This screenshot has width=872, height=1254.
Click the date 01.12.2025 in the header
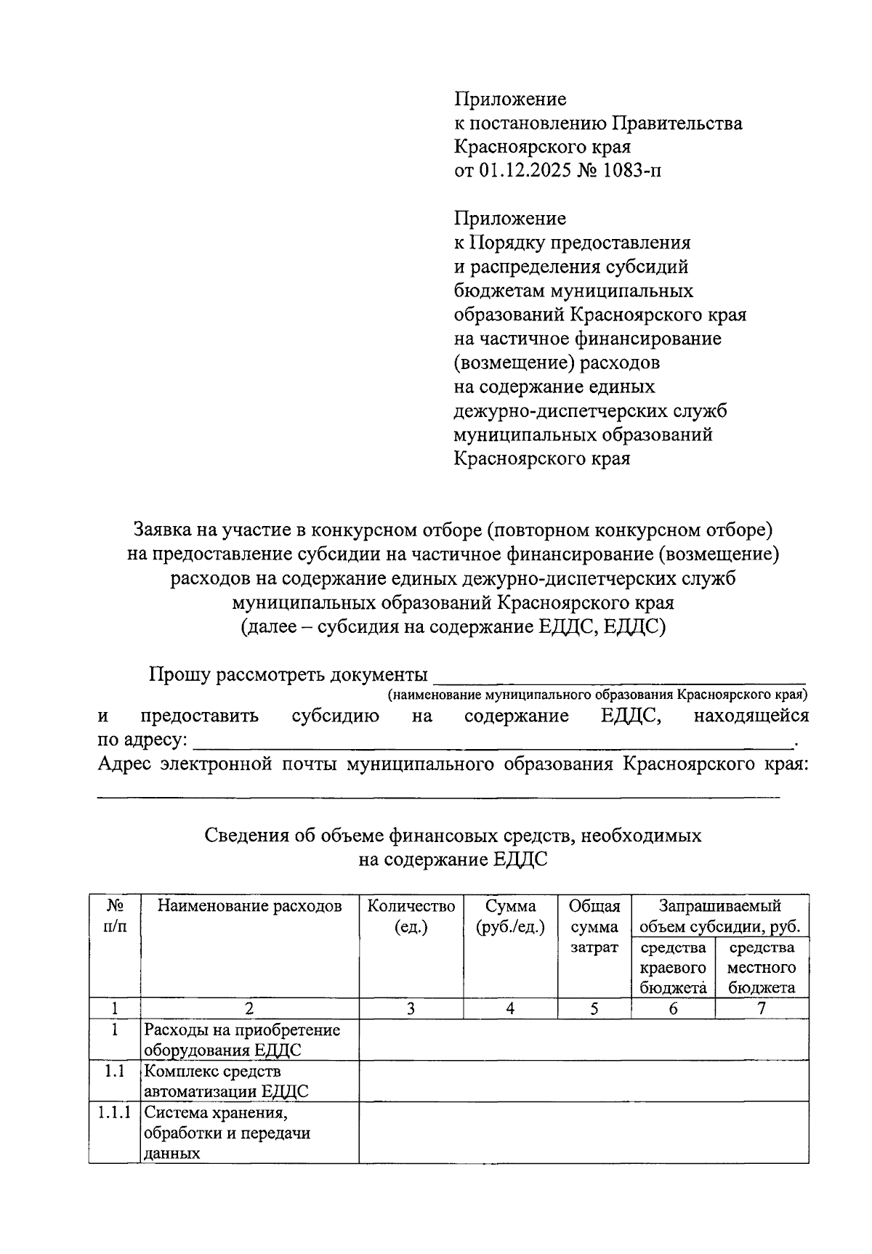click(522, 171)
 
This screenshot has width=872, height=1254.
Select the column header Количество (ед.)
click(411, 916)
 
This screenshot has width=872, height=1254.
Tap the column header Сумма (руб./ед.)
click(510, 916)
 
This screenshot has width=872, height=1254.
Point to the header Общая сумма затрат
click(594, 926)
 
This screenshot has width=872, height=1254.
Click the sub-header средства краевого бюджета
click(673, 967)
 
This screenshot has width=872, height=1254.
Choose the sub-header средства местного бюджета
click(762, 967)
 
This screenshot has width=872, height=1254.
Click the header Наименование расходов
click(249, 906)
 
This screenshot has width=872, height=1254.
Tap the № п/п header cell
click(115, 916)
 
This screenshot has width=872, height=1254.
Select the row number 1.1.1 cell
click(115, 1112)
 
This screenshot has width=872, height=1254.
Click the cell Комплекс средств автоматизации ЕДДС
click(226, 1081)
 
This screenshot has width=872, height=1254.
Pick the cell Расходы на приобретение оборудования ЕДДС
click(242, 1040)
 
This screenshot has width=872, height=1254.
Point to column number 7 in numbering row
click(762, 1008)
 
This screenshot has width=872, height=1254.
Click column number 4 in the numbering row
click(510, 1008)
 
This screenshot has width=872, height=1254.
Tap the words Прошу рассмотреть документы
click(288, 674)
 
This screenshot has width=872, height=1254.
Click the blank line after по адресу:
click(494, 743)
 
